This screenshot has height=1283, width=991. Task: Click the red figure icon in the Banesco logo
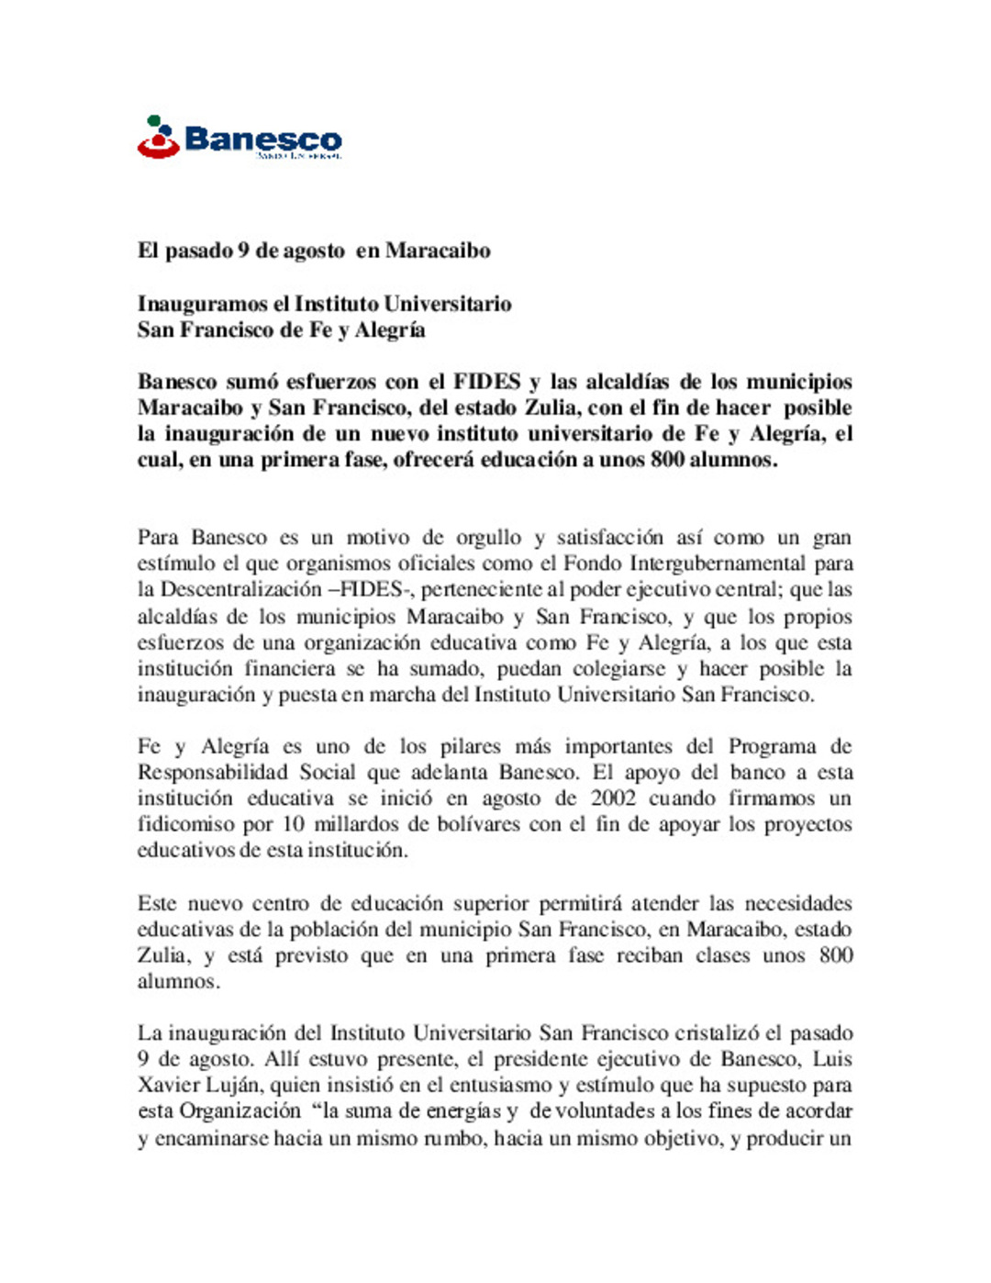click(x=158, y=139)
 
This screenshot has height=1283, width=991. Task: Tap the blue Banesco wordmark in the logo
click(x=262, y=139)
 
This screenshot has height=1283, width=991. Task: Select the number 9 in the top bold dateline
click(x=243, y=251)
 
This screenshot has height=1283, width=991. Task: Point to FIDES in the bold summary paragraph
click(x=486, y=382)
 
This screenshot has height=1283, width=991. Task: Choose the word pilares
click(x=470, y=747)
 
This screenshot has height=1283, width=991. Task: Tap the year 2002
click(x=613, y=798)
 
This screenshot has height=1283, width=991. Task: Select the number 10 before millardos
click(x=294, y=824)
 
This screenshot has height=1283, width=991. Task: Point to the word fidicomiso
click(x=185, y=824)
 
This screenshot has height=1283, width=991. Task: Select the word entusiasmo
click(x=504, y=1086)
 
